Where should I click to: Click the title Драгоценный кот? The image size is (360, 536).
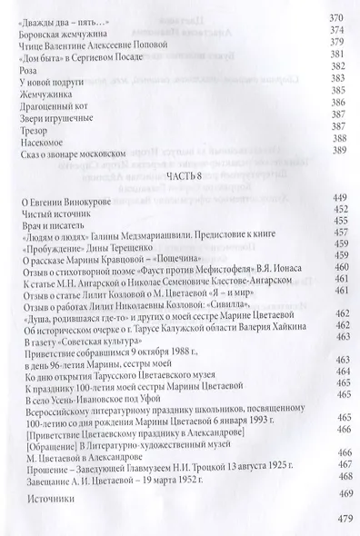click(x=54, y=107)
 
